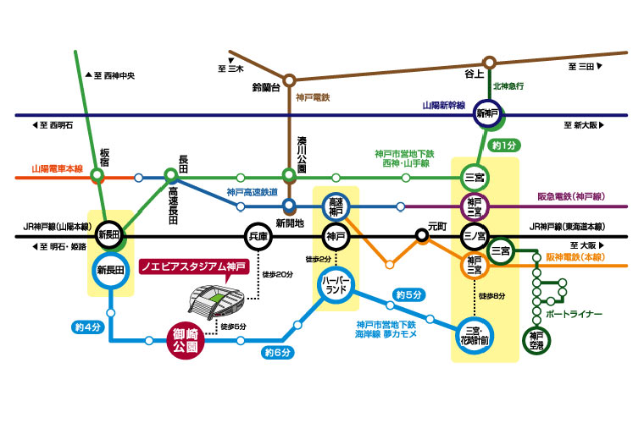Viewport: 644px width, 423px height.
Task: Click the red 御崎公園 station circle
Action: click(186, 342)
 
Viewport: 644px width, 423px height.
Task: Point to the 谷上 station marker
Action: click(489, 63)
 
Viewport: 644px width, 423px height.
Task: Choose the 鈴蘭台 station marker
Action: click(289, 80)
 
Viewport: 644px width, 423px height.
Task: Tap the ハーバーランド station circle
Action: click(337, 284)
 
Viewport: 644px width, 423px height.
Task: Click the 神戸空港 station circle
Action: click(535, 338)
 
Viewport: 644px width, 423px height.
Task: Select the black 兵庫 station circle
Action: click(258, 237)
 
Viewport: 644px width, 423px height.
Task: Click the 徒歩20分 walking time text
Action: click(277, 274)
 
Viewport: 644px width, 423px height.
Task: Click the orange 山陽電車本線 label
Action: click(57, 168)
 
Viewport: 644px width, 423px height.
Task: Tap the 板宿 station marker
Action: click(98, 176)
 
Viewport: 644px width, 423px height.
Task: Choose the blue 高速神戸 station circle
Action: click(336, 205)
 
